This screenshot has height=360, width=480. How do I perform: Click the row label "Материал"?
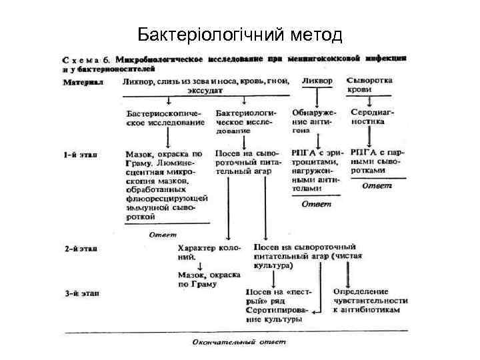point(84,83)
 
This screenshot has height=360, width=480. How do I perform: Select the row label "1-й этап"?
point(81,155)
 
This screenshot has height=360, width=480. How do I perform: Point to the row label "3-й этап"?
point(81,292)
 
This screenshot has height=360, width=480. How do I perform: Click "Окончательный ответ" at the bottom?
point(238,342)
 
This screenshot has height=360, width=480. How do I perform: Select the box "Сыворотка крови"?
point(370,85)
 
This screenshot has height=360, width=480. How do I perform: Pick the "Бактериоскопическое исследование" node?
point(165,117)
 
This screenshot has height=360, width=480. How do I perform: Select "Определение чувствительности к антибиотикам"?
point(370,301)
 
